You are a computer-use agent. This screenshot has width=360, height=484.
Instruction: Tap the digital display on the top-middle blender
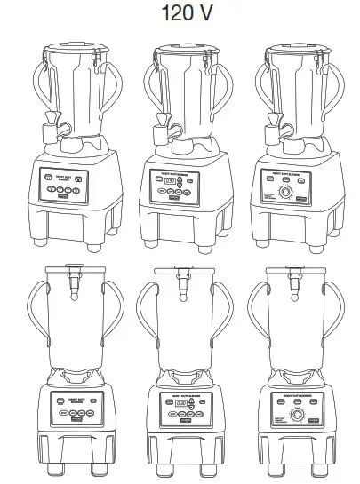[169, 182]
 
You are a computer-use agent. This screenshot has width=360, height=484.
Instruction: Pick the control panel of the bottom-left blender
[72, 405]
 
